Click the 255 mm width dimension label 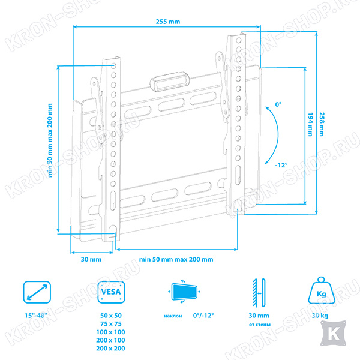(168, 22)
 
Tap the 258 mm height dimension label (322, 124)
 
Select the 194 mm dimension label (310, 124)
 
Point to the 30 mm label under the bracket (91, 259)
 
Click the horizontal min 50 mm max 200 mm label (176, 259)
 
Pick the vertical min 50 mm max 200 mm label (50, 140)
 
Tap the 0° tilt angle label (278, 104)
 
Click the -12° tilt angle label (281, 165)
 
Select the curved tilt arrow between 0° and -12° (278, 135)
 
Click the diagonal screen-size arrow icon (37, 292)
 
